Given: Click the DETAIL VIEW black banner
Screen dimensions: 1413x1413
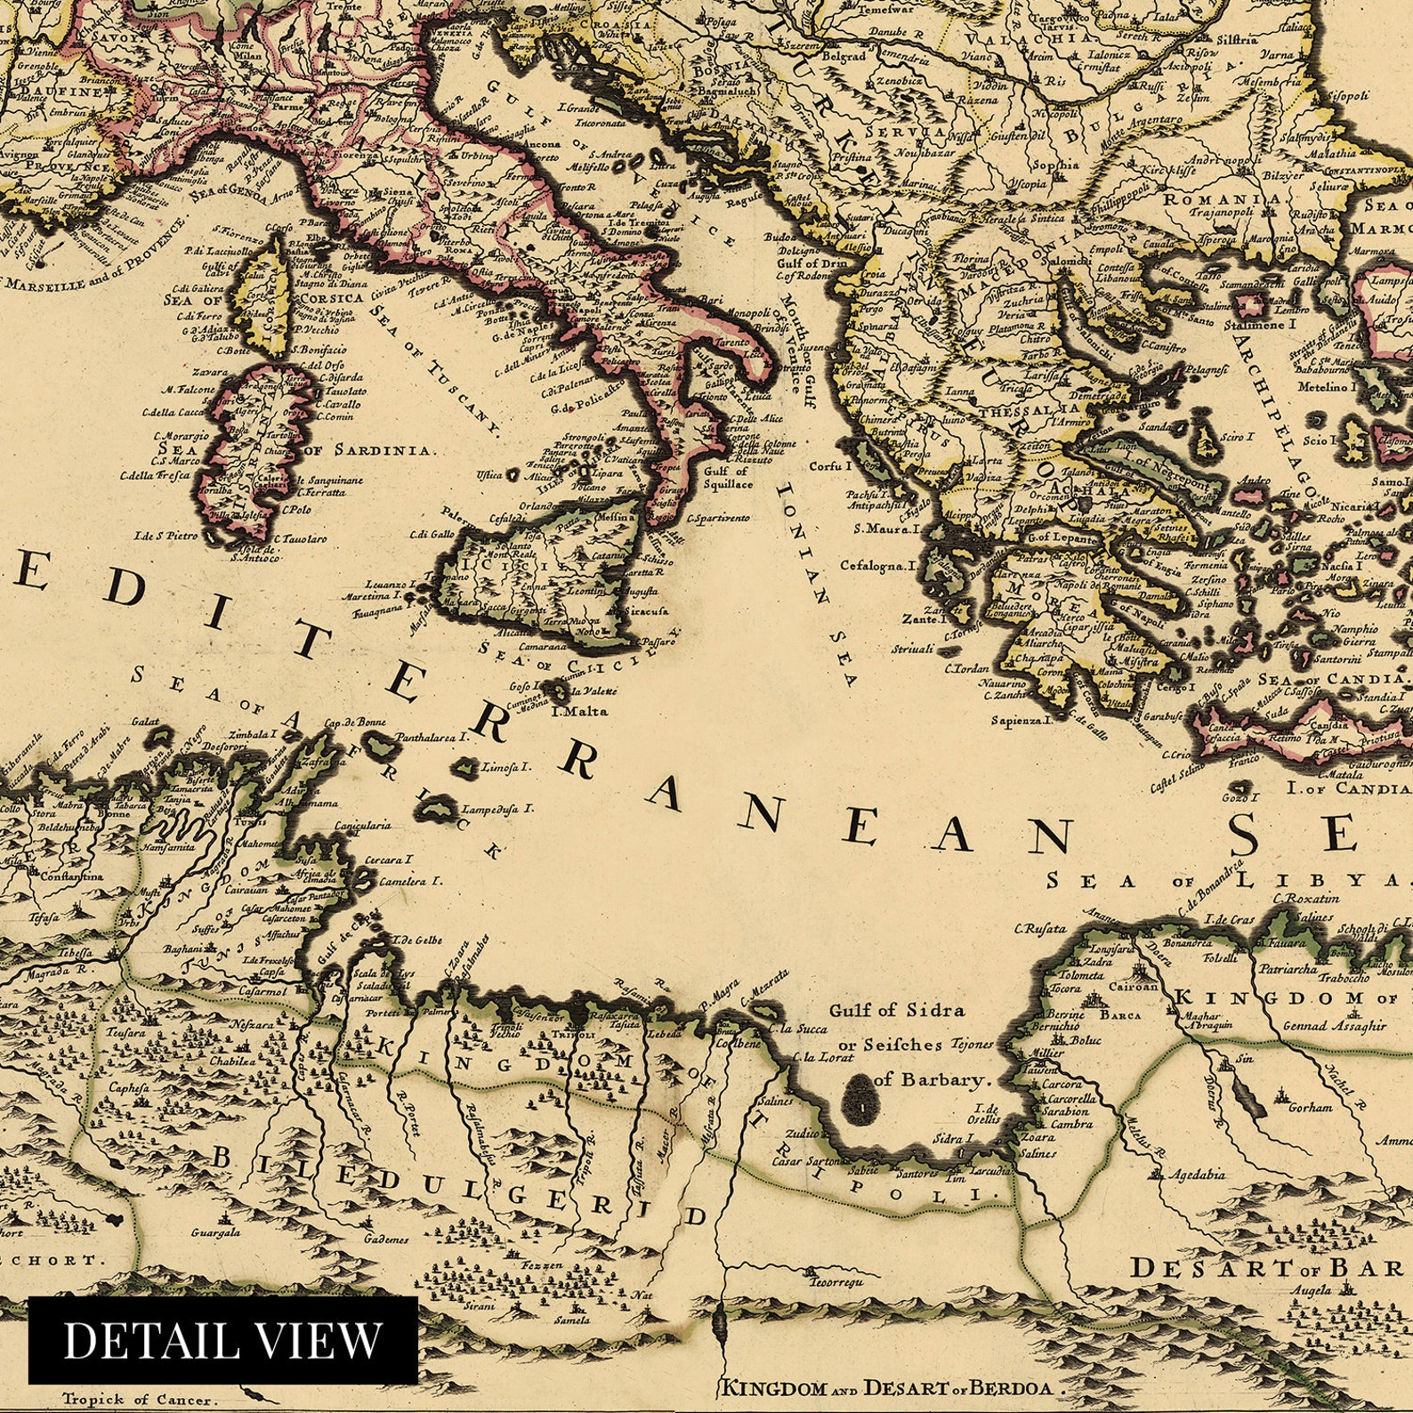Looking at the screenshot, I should pyautogui.click(x=222, y=1339).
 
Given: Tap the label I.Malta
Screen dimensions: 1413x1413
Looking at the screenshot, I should pyautogui.click(x=579, y=711).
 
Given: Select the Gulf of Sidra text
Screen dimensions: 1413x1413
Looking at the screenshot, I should pyautogui.click(x=896, y=1010).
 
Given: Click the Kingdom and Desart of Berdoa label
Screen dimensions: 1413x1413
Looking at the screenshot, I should pyautogui.click(x=887, y=1387).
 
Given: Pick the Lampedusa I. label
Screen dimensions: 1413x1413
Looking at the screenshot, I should pyautogui.click(x=497, y=809).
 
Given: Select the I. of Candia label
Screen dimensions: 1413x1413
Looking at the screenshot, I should pyautogui.click(x=1348, y=788).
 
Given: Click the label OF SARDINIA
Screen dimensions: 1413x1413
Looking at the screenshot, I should pyautogui.click(x=371, y=450).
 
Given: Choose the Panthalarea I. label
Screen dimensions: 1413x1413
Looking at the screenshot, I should pyautogui.click(x=432, y=738).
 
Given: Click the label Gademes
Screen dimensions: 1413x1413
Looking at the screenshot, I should pyautogui.click(x=385, y=1239).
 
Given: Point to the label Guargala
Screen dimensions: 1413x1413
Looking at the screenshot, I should pyautogui.click(x=215, y=1233).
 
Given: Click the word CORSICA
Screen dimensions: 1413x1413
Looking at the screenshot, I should pyautogui.click(x=332, y=298).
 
